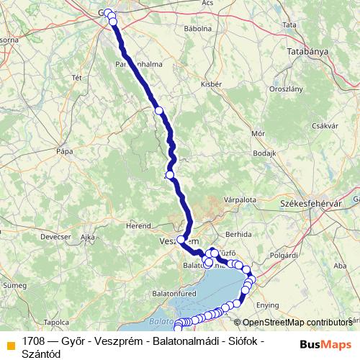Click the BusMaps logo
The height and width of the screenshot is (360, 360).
point(325,343)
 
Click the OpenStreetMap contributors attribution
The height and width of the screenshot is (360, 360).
point(297,323)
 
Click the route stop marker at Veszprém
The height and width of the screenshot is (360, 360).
point(181,240)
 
